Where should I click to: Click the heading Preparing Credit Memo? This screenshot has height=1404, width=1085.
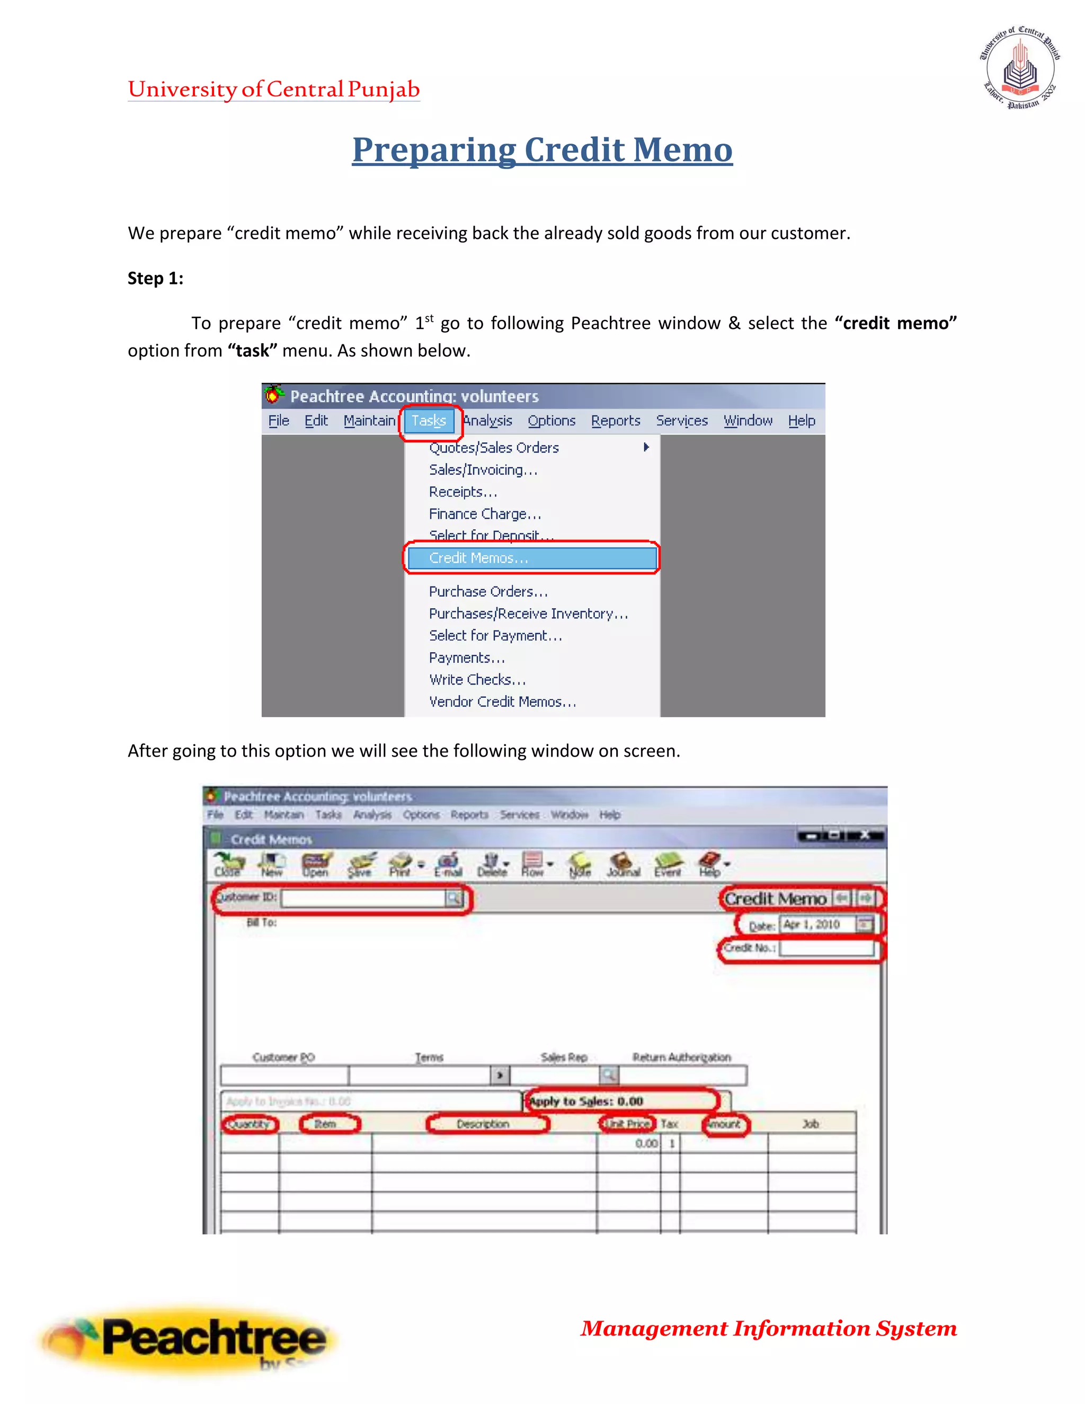pos(542,150)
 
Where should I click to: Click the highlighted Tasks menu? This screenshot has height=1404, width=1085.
pos(429,421)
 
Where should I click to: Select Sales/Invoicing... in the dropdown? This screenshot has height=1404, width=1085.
pos(483,470)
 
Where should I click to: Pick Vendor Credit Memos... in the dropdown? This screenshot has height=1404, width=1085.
pos(502,702)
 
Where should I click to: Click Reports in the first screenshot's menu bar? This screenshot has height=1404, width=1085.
pos(615,421)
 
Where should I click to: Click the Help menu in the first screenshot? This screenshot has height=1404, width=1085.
pos(801,421)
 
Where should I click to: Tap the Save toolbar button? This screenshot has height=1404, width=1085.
pos(360,865)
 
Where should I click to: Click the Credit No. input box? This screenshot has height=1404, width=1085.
pos(826,948)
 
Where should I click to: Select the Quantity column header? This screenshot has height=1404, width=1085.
pos(250,1124)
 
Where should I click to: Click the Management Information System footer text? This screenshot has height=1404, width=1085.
pos(768,1328)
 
